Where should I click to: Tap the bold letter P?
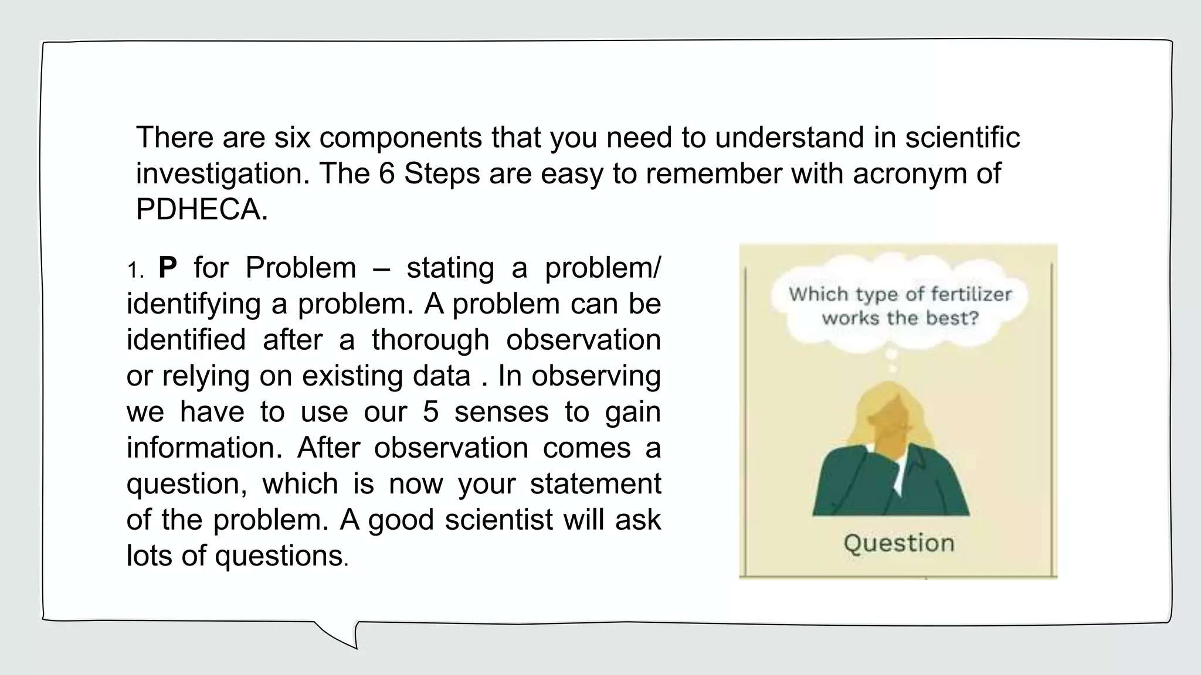[x=167, y=268]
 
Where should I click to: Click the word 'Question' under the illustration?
[x=899, y=544]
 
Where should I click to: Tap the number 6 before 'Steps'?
[x=386, y=174]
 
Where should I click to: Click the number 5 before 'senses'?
[x=430, y=412]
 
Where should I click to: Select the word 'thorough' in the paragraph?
[x=430, y=340]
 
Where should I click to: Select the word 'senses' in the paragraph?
[x=501, y=412]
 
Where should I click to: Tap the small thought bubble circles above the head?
[x=891, y=360]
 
